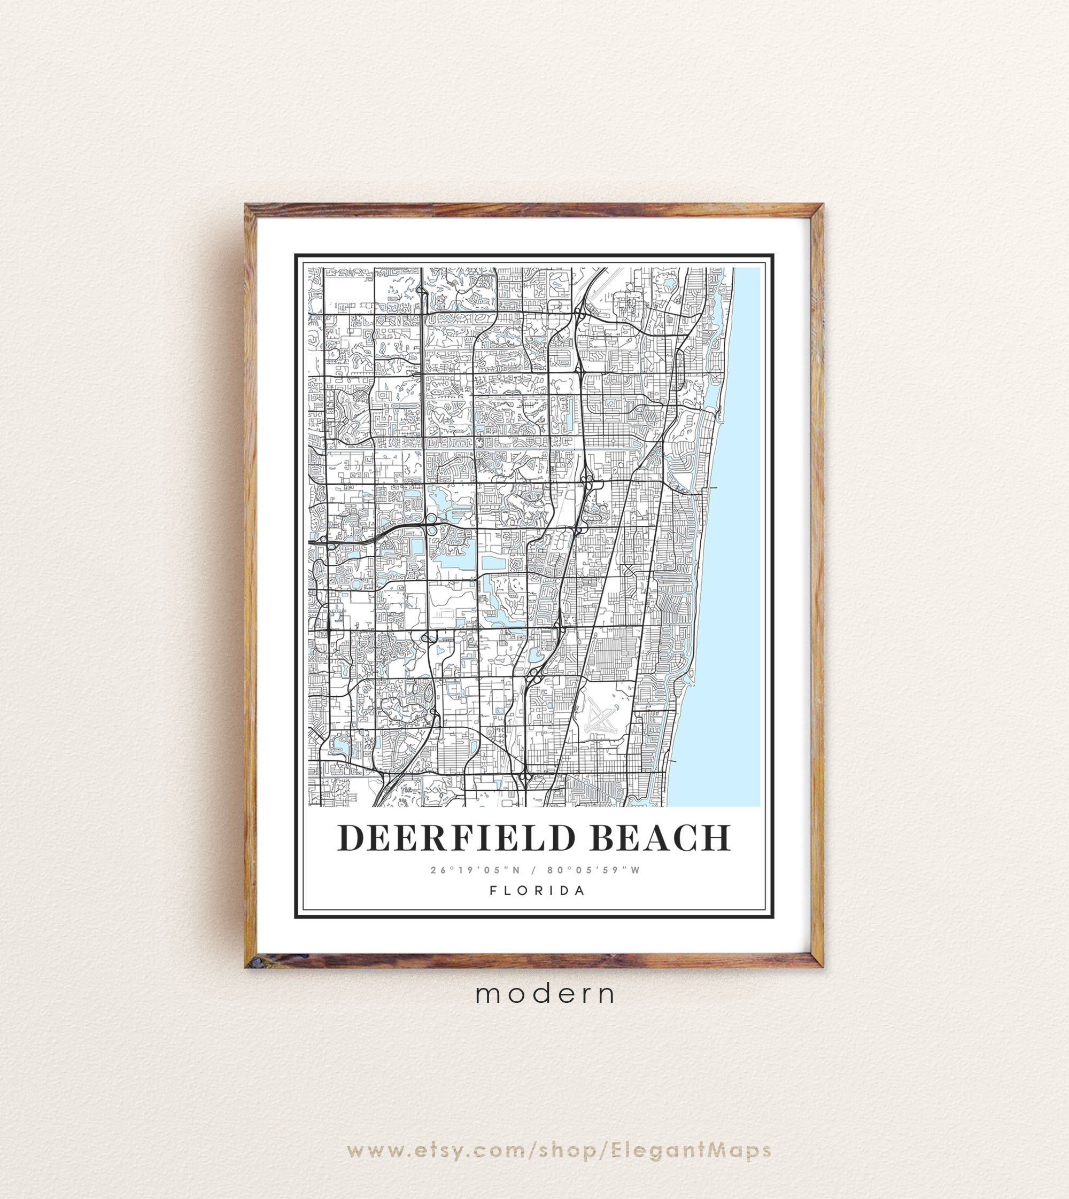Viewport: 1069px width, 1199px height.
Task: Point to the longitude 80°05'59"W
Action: pyautogui.click(x=593, y=870)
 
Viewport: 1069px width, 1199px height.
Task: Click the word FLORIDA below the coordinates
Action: pyautogui.click(x=537, y=890)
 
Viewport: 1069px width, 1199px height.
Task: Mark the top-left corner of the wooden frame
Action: pyautogui.click(x=247, y=206)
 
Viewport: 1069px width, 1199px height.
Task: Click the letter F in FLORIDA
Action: pyautogui.click(x=494, y=890)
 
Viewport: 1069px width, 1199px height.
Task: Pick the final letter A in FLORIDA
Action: pyautogui.click(x=581, y=890)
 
